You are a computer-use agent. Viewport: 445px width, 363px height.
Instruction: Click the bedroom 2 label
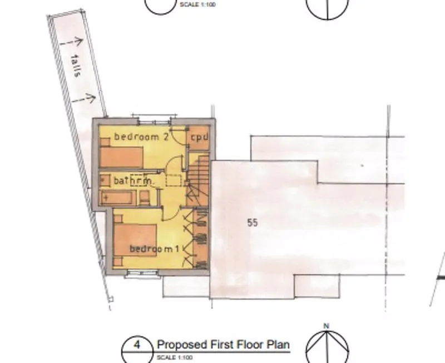(141, 137)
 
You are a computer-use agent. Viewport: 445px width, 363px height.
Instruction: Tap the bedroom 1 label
(155, 249)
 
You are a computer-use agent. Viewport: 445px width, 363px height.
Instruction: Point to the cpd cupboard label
(200, 138)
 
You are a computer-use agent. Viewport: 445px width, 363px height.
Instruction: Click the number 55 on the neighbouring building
(253, 223)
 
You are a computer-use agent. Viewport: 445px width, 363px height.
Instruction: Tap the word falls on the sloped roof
(75, 65)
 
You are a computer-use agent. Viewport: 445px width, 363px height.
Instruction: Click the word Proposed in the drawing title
(182, 345)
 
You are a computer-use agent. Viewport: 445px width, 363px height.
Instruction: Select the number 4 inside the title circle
(137, 345)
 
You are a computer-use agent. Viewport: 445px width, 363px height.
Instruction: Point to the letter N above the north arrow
(327, 326)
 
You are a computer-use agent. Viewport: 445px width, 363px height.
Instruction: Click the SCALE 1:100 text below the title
(175, 357)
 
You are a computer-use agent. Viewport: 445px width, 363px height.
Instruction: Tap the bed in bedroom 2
(121, 156)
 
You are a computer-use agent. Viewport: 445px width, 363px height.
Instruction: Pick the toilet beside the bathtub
(145, 198)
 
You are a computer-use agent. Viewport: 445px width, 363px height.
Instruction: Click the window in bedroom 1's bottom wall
(142, 274)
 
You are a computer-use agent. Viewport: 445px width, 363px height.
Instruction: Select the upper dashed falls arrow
(72, 43)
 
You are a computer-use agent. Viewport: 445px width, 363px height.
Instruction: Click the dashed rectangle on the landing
(174, 180)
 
